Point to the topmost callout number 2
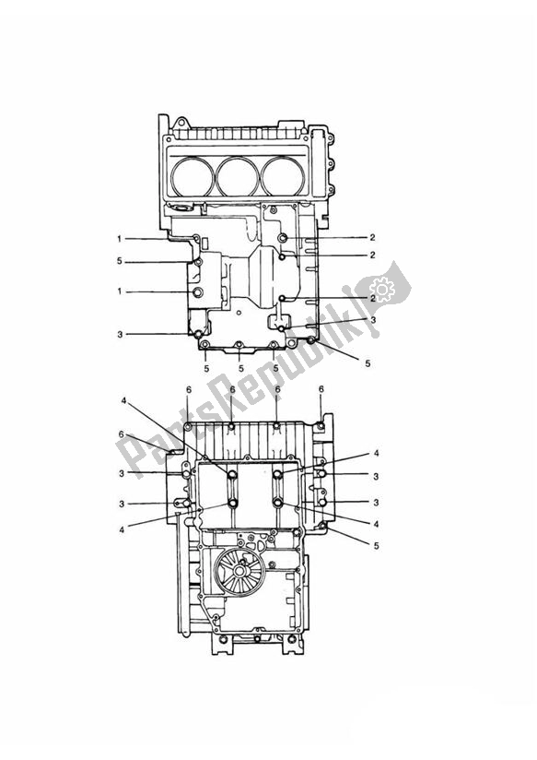372,238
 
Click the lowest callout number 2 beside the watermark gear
372,299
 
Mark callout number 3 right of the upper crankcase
372,320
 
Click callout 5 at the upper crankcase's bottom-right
368,363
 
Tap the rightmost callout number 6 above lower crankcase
321,390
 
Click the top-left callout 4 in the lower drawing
123,401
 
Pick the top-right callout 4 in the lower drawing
377,454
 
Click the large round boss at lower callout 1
196,292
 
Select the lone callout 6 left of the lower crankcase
123,434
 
